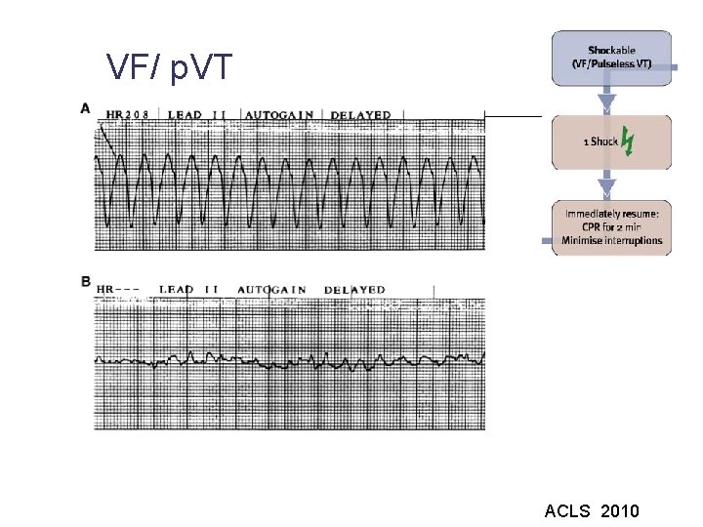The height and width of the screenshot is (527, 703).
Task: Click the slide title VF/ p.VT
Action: tap(170, 67)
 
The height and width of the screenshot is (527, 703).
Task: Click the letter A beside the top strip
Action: tap(86, 108)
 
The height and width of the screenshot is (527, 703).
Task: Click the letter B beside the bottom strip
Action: tap(86, 282)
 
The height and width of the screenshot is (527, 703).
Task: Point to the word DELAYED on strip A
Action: tap(360, 115)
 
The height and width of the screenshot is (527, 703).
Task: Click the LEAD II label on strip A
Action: tap(199, 115)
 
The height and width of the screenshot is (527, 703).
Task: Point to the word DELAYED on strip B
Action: tap(354, 289)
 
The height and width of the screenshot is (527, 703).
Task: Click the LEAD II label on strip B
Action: tap(189, 289)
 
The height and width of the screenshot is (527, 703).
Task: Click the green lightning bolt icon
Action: tap(628, 142)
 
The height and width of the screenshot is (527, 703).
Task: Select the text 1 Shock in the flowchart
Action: tap(600, 142)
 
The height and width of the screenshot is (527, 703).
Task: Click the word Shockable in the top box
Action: tap(612, 51)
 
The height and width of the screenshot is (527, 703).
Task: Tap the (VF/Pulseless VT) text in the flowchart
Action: tap(612, 63)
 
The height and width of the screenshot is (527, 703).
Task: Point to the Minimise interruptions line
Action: tap(612, 241)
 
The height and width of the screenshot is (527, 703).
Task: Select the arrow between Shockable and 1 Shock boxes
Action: tap(606, 100)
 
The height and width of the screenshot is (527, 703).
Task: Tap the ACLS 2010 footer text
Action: tap(592, 510)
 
